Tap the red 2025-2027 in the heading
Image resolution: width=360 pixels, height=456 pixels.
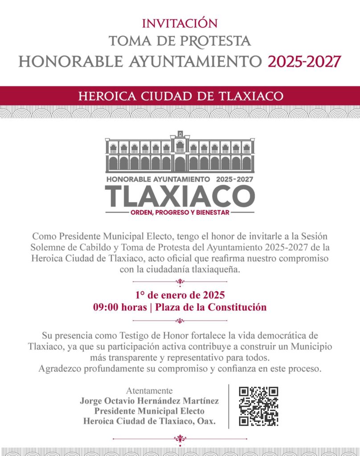304,61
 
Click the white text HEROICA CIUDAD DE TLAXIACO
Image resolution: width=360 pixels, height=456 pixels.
180,96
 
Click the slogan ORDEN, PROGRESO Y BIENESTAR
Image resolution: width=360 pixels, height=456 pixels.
180,212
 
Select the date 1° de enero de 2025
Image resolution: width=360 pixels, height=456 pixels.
180,295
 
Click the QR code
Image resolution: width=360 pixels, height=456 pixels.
258,406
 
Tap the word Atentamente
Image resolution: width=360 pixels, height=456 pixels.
149,391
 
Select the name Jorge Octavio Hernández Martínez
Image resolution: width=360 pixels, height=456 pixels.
149,401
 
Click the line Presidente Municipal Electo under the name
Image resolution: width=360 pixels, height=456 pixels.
149,411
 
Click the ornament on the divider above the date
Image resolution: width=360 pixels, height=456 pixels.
180,281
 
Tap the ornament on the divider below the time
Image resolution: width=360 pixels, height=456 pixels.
180,320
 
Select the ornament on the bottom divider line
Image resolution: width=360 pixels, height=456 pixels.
180,439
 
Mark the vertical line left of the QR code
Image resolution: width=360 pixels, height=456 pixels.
229,406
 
